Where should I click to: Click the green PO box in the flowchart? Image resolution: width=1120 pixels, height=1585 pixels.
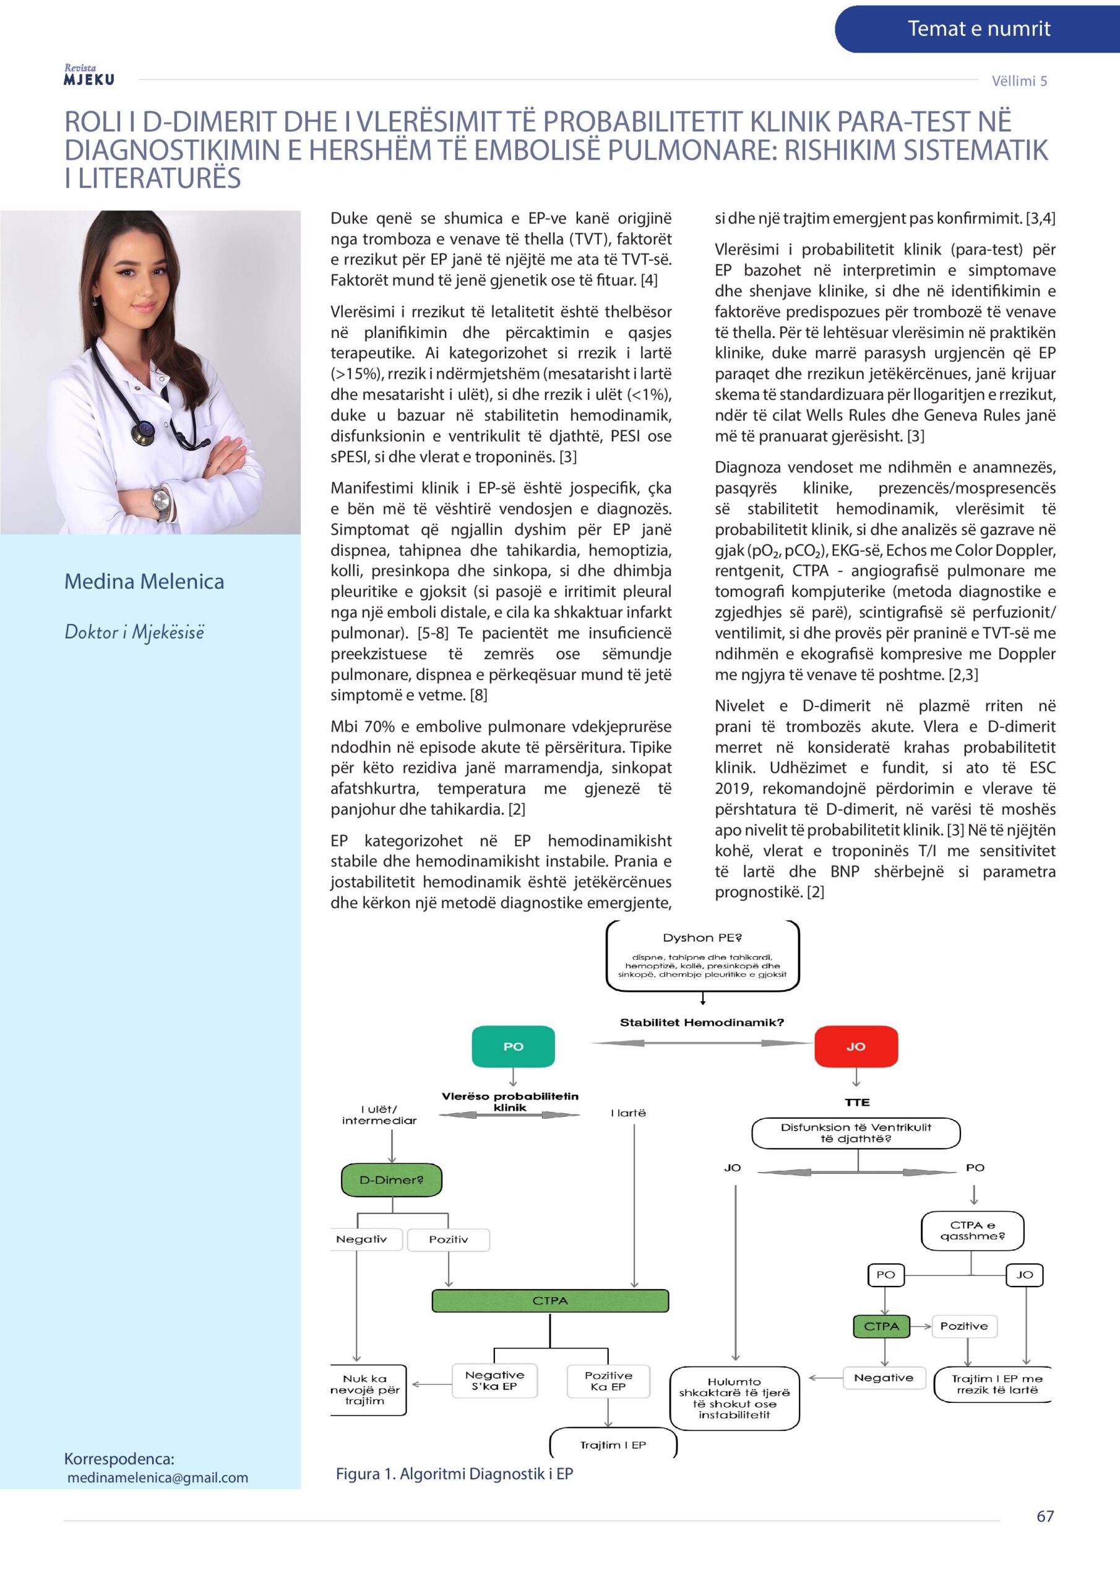point(513,1046)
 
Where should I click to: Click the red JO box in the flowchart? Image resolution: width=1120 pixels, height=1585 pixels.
point(856,1046)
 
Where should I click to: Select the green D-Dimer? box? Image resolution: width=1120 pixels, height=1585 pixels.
point(391,1180)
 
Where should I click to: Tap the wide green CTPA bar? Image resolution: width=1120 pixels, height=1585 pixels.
point(550,1301)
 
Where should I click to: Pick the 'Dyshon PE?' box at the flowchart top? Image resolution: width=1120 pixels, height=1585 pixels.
point(702,955)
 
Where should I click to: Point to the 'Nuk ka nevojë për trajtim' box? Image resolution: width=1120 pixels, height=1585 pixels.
point(366,1389)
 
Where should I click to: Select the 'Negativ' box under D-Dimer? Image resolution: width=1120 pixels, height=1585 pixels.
point(361,1239)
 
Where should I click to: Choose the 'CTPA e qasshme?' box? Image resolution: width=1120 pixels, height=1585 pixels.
point(972,1230)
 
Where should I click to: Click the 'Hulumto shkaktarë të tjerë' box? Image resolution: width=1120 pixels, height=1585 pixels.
point(734,1398)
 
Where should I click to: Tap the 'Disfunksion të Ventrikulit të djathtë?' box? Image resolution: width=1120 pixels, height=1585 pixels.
point(856,1133)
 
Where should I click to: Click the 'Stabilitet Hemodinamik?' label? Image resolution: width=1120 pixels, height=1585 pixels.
point(702,1022)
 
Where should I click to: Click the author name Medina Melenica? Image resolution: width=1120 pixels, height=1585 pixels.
point(144,581)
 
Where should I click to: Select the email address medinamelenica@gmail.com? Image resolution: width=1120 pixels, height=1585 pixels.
point(157,1477)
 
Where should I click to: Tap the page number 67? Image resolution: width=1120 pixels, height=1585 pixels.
point(1045,1516)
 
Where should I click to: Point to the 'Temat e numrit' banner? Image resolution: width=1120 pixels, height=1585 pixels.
point(978,29)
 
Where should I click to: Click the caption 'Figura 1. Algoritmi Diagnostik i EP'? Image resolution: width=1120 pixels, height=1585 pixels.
point(454,1474)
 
